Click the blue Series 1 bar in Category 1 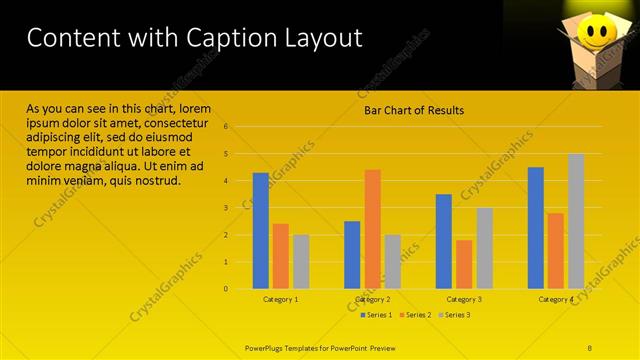click(261, 230)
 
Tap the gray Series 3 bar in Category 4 click(576, 221)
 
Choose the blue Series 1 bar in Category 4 click(536, 227)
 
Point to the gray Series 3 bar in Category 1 click(301, 261)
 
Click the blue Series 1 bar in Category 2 click(352, 254)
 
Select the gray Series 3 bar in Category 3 click(484, 247)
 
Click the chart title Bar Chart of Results click(413, 111)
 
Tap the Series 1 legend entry click(377, 315)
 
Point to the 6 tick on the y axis click(227, 127)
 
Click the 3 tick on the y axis click(227, 208)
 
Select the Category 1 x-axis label click(281, 299)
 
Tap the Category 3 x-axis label click(464, 299)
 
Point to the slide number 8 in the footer click(589, 347)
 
